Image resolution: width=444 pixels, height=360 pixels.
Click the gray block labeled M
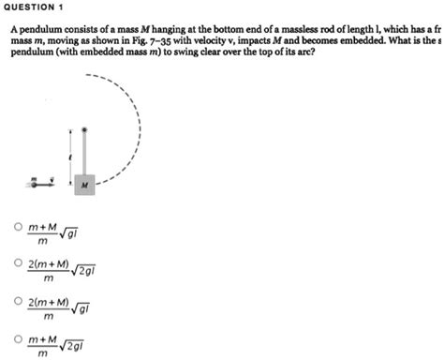click(x=84, y=185)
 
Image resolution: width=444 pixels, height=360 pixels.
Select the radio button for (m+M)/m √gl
click(x=18, y=228)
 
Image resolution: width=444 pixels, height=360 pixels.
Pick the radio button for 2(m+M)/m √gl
click(x=18, y=303)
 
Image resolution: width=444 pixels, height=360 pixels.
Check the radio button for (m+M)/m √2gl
click(x=18, y=338)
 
